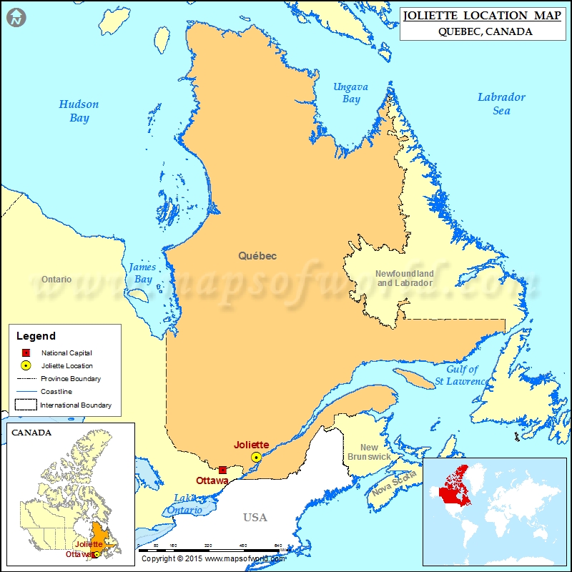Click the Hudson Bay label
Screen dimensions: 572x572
(79, 111)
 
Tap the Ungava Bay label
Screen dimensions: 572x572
(350, 93)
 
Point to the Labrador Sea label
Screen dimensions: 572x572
(501, 104)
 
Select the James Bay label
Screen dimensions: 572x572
(142, 273)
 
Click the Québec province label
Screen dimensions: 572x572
(257, 255)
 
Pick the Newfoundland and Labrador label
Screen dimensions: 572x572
(405, 278)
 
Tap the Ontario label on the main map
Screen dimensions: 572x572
(56, 279)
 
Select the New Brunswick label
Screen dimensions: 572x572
(369, 452)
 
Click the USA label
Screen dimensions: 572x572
(255, 517)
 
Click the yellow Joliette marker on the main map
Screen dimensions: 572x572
(256, 457)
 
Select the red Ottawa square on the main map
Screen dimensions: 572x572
(222, 470)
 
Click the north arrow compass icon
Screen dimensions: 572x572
(16, 17)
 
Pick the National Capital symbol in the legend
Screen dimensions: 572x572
(25, 352)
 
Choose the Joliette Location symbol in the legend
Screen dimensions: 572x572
(25, 365)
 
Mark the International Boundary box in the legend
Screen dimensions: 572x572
(26, 405)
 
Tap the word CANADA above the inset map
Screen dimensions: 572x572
(31, 432)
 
